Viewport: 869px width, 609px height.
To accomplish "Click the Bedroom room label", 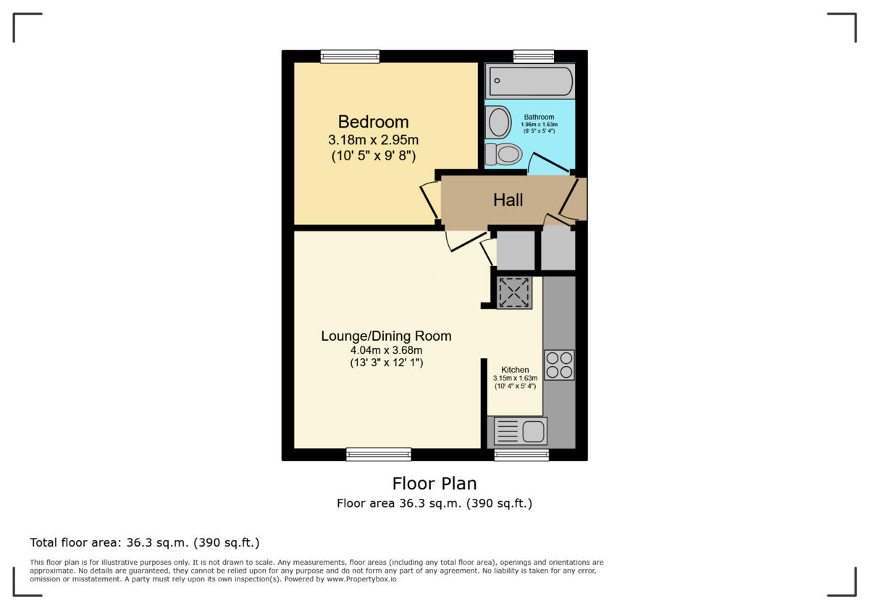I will [373, 122].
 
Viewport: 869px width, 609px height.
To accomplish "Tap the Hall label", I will [508, 200].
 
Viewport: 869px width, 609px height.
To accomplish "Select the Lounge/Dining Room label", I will [386, 336].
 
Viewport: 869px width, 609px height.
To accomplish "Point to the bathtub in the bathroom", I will [530, 80].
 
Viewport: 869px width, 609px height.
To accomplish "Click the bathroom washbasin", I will [498, 122].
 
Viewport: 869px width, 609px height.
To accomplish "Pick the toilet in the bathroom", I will [504, 154].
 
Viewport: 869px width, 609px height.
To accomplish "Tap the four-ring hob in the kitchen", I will [558, 365].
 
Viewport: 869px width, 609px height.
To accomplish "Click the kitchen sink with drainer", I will [520, 431].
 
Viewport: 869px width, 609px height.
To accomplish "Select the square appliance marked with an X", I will [515, 293].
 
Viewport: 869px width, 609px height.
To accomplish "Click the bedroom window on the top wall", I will [350, 57].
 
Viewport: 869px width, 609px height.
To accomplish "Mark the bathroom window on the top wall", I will [534, 57].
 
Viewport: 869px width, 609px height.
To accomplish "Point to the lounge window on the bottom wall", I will [379, 455].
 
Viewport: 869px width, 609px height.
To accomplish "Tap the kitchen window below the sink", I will [521, 455].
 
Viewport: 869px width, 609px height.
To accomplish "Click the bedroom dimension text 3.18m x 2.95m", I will [373, 139].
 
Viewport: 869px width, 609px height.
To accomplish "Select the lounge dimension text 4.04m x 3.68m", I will [386, 350].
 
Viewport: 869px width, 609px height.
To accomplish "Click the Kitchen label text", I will [515, 370].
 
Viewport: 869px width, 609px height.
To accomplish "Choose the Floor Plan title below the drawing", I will [434, 483].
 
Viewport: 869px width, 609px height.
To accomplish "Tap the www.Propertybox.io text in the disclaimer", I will [361, 579].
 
